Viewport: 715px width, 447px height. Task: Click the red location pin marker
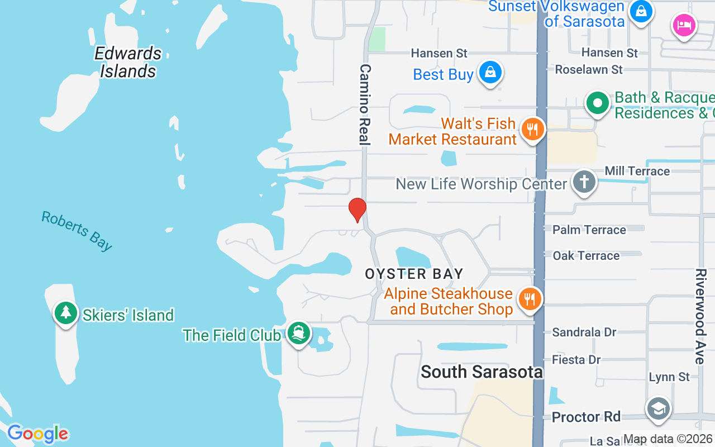pos(357,210)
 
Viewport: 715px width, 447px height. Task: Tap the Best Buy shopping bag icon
pos(490,72)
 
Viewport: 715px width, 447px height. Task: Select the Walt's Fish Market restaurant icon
pos(532,129)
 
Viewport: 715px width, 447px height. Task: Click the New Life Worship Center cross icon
pos(584,182)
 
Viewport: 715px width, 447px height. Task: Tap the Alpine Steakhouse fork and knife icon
pos(530,298)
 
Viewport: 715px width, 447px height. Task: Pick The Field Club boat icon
pos(298,333)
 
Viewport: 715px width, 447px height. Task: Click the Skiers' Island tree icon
pos(66,313)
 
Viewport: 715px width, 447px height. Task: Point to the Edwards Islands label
pos(128,62)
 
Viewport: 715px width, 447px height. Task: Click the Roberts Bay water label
pos(77,231)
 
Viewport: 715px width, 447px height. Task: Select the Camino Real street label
pos(365,104)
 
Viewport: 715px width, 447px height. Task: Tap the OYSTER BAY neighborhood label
pos(414,274)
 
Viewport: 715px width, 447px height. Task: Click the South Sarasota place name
pos(482,372)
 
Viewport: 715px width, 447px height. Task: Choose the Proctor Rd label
pos(586,417)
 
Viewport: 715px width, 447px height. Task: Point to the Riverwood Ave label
pos(700,316)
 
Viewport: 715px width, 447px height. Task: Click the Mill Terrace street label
pos(637,171)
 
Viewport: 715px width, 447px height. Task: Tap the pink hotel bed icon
pos(684,25)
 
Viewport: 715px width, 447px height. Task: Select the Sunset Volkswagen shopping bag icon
pos(641,11)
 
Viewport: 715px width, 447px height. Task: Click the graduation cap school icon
pos(658,409)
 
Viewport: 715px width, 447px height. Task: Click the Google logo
pos(38,434)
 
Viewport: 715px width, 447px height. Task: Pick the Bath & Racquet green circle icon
pos(598,103)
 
